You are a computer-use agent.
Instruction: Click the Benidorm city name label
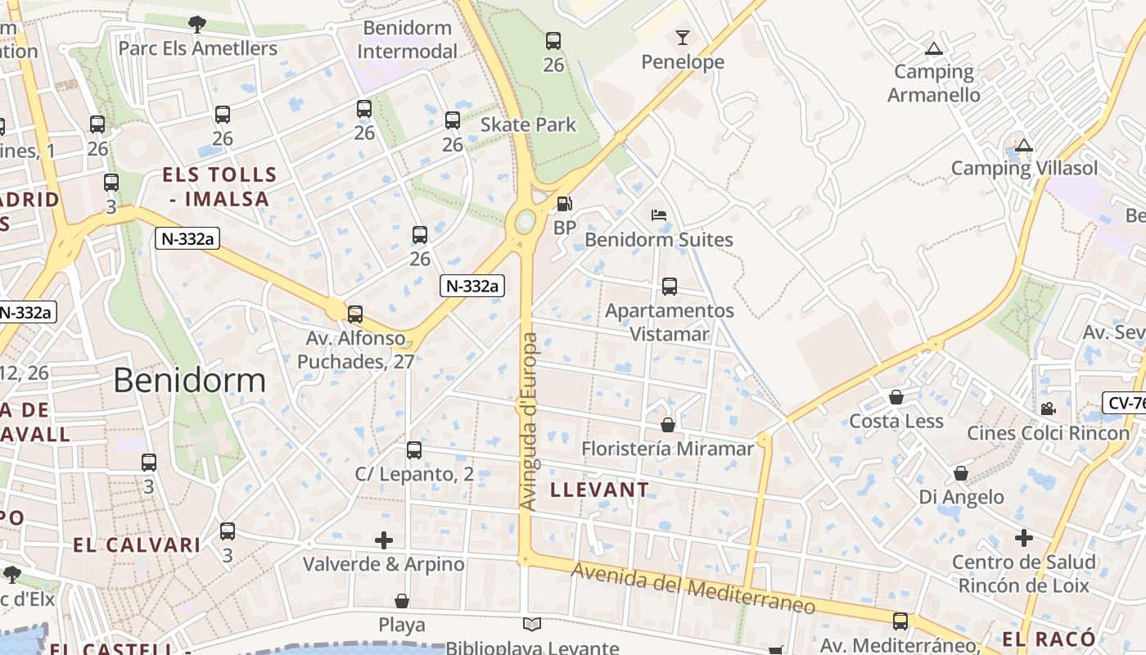click(x=189, y=381)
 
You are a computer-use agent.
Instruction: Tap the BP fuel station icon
click(x=564, y=204)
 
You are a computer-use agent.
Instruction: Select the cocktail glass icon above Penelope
click(x=683, y=38)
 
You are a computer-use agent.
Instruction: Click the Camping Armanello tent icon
click(x=933, y=49)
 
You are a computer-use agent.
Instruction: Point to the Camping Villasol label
click(x=1024, y=169)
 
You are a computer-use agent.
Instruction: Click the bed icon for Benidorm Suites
click(x=659, y=216)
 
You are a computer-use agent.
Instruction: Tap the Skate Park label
click(x=528, y=125)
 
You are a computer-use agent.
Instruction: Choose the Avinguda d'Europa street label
click(x=529, y=422)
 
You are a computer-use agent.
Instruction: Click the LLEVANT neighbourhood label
click(x=600, y=490)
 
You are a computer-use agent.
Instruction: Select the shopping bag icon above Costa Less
click(x=896, y=398)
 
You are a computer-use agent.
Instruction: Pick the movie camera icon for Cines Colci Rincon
click(x=1048, y=409)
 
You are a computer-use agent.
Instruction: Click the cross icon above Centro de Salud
click(x=1023, y=538)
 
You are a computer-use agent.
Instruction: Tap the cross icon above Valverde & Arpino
click(x=384, y=540)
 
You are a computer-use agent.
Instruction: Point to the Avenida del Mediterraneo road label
click(x=693, y=589)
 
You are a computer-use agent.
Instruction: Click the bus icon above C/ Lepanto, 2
click(x=414, y=450)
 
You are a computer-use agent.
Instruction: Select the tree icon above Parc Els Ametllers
click(x=196, y=25)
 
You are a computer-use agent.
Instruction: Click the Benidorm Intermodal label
click(x=408, y=39)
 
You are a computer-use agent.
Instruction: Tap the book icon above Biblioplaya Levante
click(x=532, y=626)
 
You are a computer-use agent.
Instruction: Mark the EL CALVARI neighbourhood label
click(x=137, y=545)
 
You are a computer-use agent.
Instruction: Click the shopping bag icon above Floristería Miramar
click(x=668, y=426)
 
